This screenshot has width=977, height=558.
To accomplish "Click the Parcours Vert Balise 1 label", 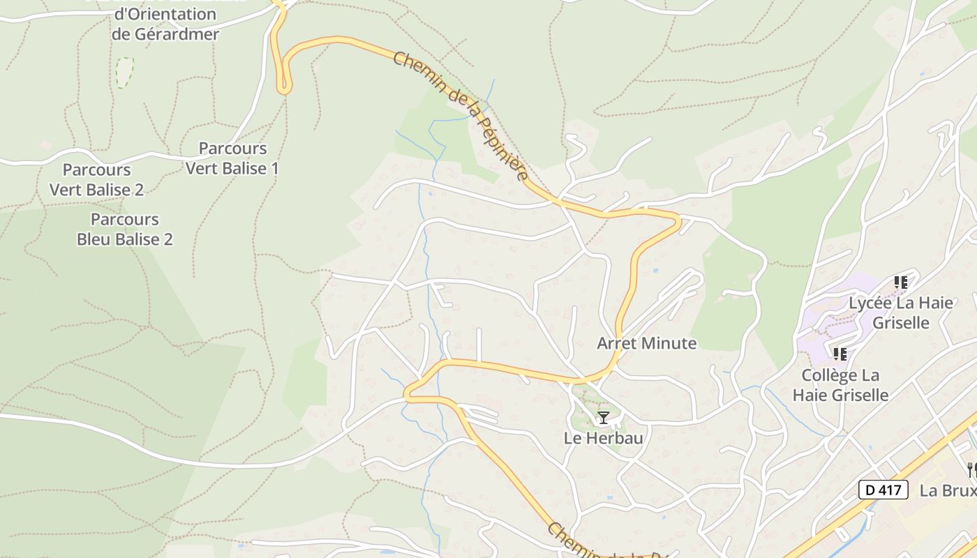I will [x=232, y=158].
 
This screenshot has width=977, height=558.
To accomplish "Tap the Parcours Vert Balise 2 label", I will [x=96, y=179].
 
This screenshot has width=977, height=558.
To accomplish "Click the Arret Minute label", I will [x=646, y=343].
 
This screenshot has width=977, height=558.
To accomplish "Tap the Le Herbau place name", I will [x=603, y=438].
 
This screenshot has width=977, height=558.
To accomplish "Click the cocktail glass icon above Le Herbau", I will [x=604, y=418].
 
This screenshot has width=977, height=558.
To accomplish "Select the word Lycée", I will [x=868, y=303].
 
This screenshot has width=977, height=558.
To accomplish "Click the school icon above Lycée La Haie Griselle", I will [x=900, y=282].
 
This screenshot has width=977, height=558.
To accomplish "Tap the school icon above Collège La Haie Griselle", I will [x=840, y=354].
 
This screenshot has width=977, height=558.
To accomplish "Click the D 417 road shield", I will [x=883, y=490].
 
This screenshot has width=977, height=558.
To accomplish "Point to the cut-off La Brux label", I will [x=948, y=490].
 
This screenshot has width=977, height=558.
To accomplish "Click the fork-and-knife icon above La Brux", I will [x=971, y=469].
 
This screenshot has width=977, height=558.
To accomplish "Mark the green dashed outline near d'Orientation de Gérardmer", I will [x=124, y=73].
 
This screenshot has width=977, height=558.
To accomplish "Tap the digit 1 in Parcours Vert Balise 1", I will [x=274, y=168].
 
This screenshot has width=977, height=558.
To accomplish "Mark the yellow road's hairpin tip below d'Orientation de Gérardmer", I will [x=283, y=89].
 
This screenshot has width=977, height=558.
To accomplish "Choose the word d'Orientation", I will [x=165, y=14].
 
